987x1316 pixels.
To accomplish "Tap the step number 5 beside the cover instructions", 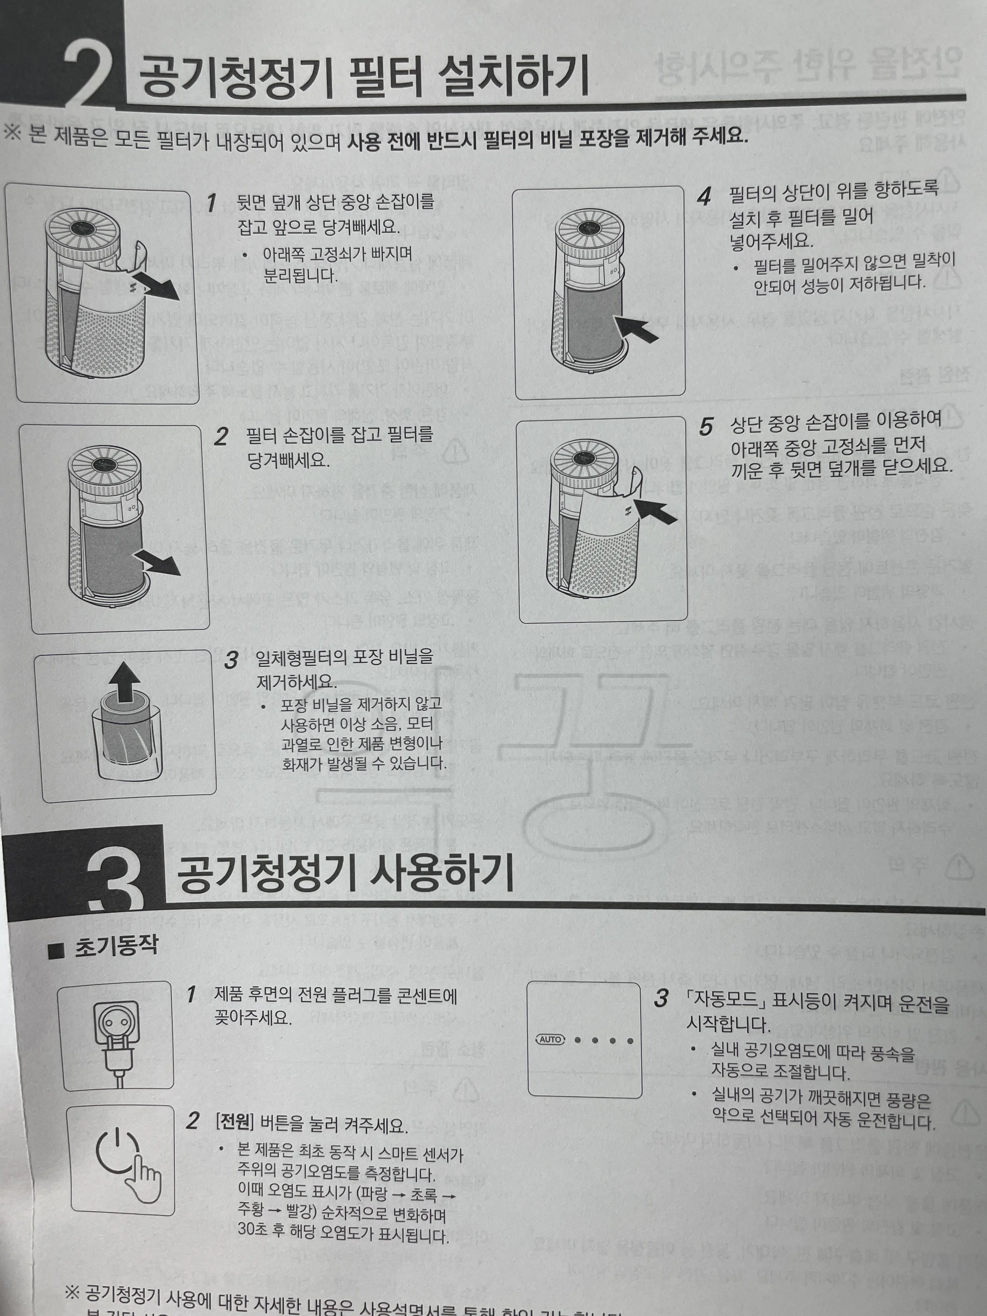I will click(706, 427).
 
